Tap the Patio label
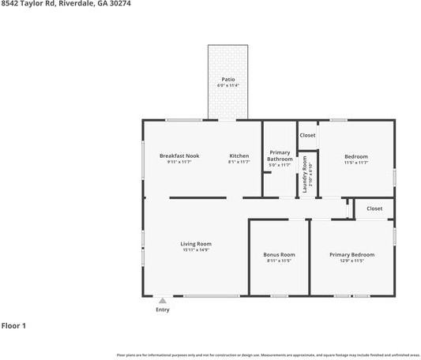227,80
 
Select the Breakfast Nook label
179,156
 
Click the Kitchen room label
239,156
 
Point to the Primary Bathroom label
280,156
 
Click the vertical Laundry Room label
306,174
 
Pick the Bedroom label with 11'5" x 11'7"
356,156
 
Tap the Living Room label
196,244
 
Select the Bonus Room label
279,254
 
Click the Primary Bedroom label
351,254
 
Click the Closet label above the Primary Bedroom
374,208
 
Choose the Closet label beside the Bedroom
307,135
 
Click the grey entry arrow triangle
163,301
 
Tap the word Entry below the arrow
163,309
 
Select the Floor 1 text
13,325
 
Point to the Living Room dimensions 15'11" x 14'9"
196,250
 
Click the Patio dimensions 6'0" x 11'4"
227,85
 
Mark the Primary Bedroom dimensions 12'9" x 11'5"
351,261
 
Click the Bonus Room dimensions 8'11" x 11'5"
279,261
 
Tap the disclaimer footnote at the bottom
268,354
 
